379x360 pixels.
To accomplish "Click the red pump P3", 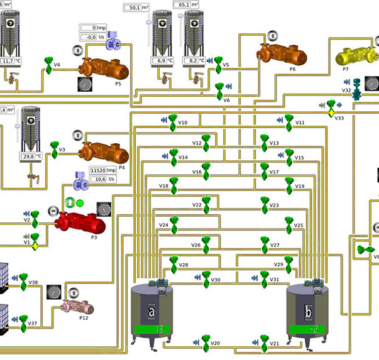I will pos(79,222).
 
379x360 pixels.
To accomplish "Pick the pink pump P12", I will pos(77,307).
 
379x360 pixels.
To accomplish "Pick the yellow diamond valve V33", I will pos(329,113).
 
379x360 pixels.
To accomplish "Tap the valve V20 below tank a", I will pos(204,342).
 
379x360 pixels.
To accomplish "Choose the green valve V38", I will pos(23,280).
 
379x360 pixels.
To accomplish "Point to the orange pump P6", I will pos(280,55).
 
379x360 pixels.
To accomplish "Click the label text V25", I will pos(299,225).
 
